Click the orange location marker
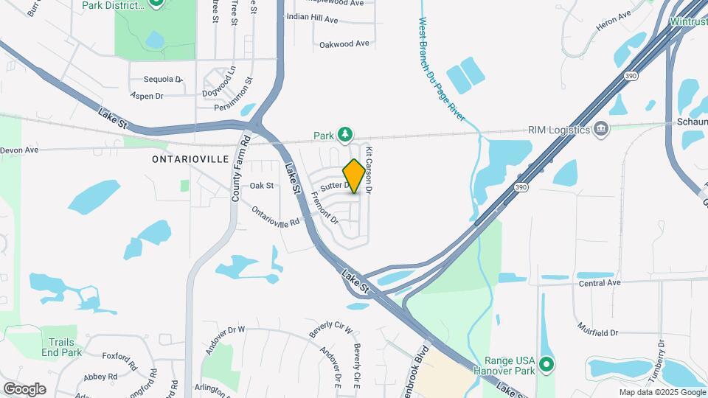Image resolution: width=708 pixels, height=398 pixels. (354, 176)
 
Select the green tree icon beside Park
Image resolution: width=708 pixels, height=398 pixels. (344, 134)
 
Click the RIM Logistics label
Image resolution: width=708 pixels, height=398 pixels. (558, 130)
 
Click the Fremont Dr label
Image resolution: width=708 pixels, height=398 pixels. (325, 209)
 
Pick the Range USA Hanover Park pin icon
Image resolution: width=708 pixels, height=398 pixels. (546, 364)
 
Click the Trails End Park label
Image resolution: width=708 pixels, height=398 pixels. (66, 347)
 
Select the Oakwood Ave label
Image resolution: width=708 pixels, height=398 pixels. (344, 44)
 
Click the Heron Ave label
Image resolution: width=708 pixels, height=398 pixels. (614, 16)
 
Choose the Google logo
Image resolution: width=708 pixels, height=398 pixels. (24, 388)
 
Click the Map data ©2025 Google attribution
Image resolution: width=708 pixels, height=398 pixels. (662, 392)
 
